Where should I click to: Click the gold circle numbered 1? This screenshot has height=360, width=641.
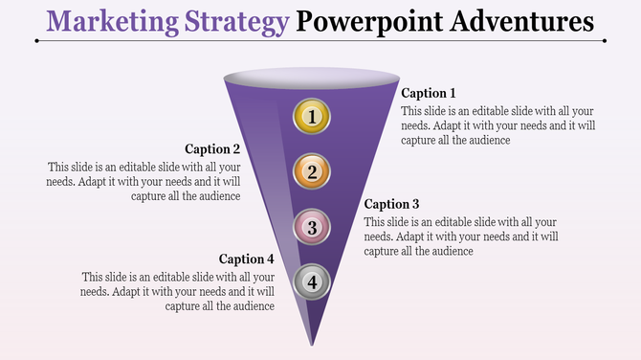click(x=311, y=117)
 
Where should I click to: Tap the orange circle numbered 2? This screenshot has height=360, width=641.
click(x=311, y=172)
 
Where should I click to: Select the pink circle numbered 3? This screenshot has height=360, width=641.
click(x=311, y=227)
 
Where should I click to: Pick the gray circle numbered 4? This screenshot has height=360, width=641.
click(x=311, y=281)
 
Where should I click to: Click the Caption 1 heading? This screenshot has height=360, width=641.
click(x=429, y=94)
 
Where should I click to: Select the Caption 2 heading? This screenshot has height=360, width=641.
click(x=212, y=149)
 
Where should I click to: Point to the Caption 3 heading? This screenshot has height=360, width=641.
click(x=392, y=204)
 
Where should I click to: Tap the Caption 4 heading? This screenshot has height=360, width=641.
click(x=247, y=259)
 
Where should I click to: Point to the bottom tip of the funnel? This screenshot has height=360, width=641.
click(x=311, y=343)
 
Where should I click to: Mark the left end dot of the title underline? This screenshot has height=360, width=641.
click(x=35, y=41)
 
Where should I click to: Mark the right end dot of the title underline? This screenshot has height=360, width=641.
click(x=605, y=41)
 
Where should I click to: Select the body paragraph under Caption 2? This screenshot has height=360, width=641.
click(x=144, y=180)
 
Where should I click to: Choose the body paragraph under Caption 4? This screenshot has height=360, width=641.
click(x=179, y=291)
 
